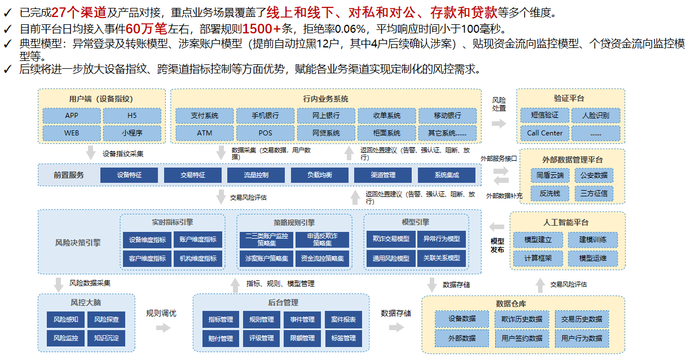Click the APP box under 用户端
click(x=72, y=116)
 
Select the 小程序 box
click(x=132, y=133)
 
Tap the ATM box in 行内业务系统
click(x=205, y=133)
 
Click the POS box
click(x=266, y=133)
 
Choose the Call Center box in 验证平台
click(x=545, y=133)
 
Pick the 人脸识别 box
click(x=596, y=116)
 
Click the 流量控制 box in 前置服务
click(x=256, y=175)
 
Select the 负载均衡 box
click(x=319, y=175)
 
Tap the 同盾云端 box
click(x=550, y=175)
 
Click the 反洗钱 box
click(x=550, y=194)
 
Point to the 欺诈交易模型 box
click(x=391, y=239)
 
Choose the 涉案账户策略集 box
click(x=267, y=258)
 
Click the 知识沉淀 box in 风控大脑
click(x=106, y=338)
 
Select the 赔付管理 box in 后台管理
click(x=221, y=339)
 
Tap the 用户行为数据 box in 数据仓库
click(x=581, y=339)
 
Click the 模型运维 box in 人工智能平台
click(x=593, y=258)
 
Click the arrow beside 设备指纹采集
click(x=90, y=153)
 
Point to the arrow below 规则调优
click(x=164, y=327)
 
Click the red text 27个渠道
click(x=79, y=12)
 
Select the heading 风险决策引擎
click(x=78, y=243)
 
